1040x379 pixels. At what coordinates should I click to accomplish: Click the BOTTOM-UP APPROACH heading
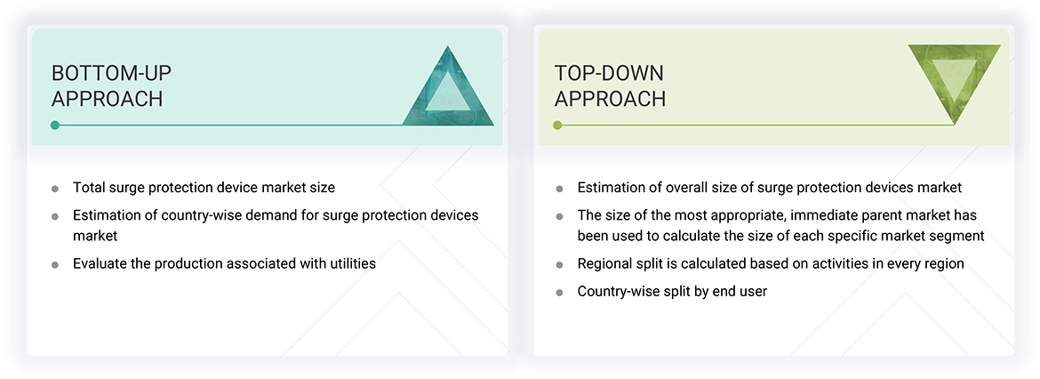pyautogui.click(x=107, y=85)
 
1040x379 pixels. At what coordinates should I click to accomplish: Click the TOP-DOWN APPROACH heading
pyautogui.click(x=610, y=85)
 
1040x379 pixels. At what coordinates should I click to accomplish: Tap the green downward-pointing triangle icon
pyautogui.click(x=954, y=83)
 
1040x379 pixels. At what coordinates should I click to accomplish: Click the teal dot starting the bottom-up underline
pyautogui.click(x=55, y=125)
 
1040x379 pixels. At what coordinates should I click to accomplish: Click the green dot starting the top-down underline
pyautogui.click(x=557, y=125)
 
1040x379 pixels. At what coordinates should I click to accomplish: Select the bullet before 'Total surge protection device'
pyautogui.click(x=55, y=189)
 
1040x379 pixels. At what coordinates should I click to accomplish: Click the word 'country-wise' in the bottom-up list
pyautogui.click(x=191, y=215)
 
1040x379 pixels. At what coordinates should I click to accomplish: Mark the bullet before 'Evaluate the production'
pyautogui.click(x=55, y=265)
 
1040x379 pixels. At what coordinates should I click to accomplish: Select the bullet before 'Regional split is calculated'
pyautogui.click(x=559, y=265)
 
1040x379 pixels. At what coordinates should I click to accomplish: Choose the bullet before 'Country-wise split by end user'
pyautogui.click(x=559, y=293)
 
